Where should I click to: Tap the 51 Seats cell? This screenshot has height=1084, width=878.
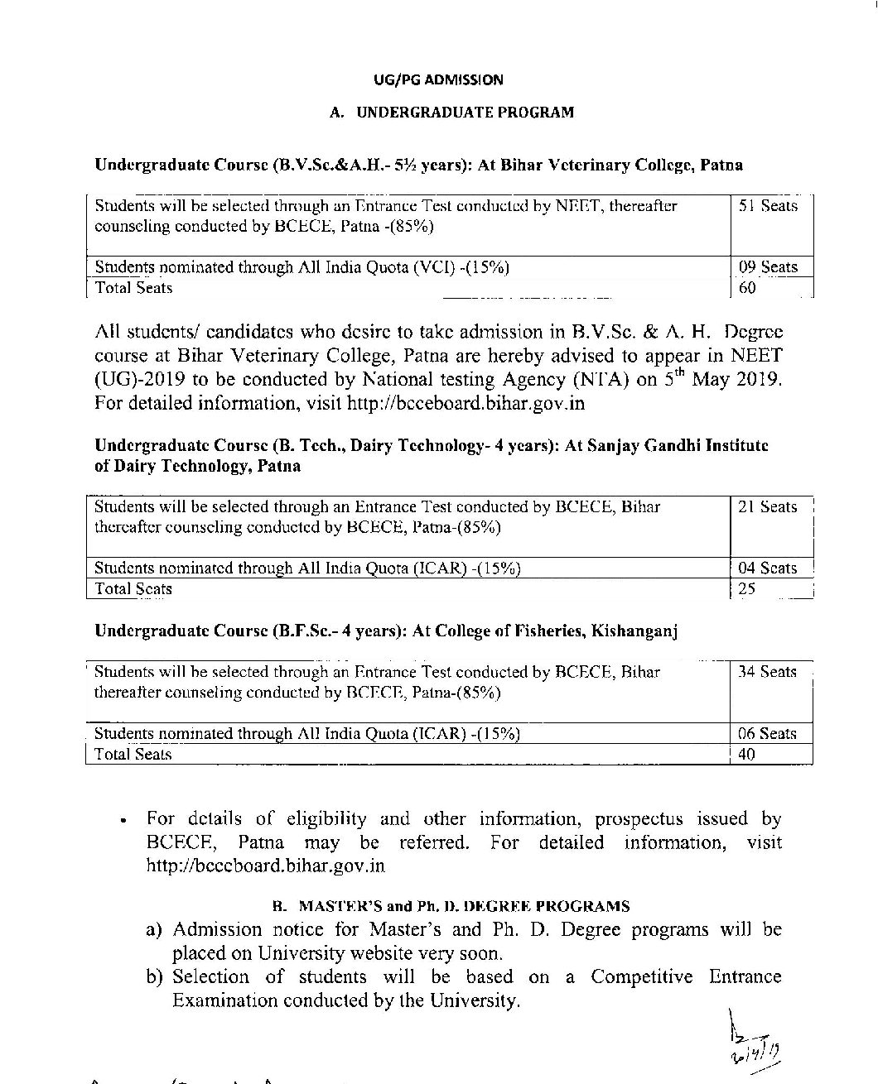click(768, 206)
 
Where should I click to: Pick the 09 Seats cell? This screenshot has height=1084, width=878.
click(768, 267)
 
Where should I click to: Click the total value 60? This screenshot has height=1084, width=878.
click(747, 288)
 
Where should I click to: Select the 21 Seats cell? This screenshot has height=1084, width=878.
click(767, 507)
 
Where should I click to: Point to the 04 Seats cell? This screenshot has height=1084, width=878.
click(767, 568)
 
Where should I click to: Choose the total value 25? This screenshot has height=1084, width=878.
click(747, 589)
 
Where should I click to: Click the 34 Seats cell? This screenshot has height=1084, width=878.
click(767, 672)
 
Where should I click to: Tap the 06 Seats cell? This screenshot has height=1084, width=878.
click(767, 734)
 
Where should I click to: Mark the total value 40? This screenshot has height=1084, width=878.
click(746, 755)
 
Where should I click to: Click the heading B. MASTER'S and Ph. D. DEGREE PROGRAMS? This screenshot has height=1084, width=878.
click(451, 906)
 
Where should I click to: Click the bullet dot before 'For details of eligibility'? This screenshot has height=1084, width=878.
click(123, 822)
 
